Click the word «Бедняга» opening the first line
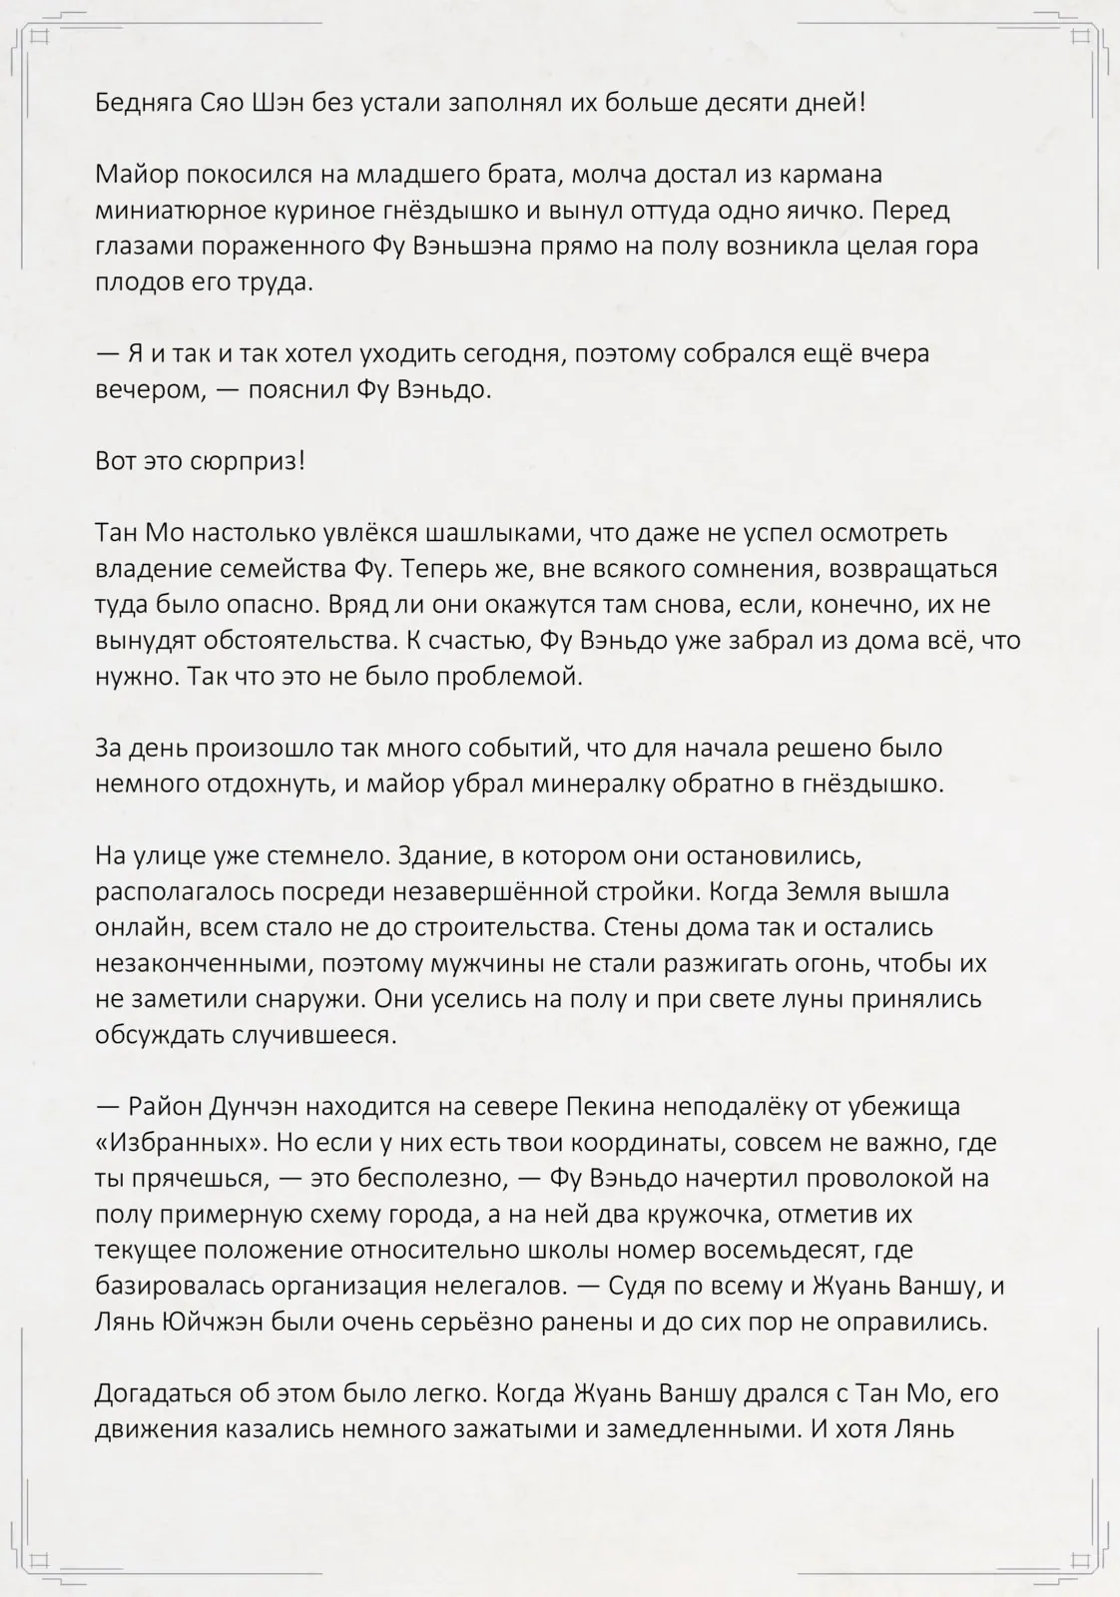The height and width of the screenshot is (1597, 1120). [x=138, y=103]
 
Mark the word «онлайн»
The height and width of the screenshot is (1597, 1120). [x=141, y=927]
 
